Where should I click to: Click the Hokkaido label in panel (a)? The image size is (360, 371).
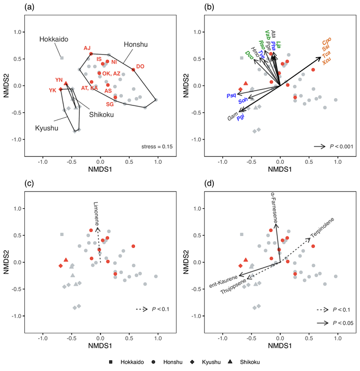click(x=52, y=40)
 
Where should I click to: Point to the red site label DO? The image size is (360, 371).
click(x=140, y=66)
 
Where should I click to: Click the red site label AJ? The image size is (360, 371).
click(x=87, y=48)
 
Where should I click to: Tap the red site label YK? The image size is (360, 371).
click(x=52, y=90)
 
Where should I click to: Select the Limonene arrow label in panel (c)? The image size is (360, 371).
click(x=97, y=216)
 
